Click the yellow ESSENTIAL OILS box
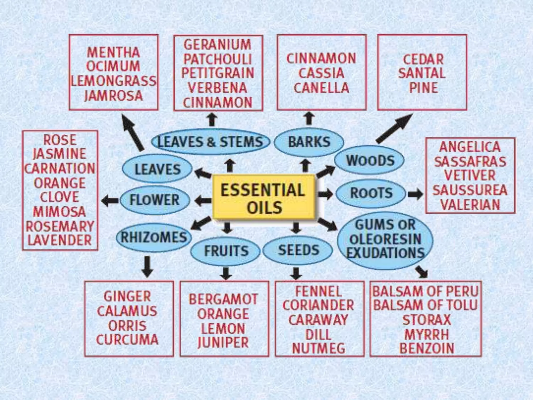(x=264, y=198)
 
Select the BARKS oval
(x=309, y=142)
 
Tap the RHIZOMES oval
(x=154, y=238)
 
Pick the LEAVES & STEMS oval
(x=210, y=142)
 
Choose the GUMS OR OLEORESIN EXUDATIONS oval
(x=385, y=239)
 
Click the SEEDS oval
(x=298, y=250)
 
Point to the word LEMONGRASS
(x=114, y=81)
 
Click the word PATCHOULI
(x=218, y=59)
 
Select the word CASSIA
(x=321, y=73)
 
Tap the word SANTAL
(x=422, y=73)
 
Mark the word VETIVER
(x=470, y=175)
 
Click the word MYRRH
(x=426, y=334)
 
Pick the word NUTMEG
(x=319, y=348)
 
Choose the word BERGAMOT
(x=223, y=299)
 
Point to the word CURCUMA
(x=127, y=340)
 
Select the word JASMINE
(x=60, y=154)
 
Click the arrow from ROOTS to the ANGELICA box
(x=415, y=194)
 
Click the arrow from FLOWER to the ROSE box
(x=110, y=201)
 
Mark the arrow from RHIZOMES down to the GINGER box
(x=147, y=266)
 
